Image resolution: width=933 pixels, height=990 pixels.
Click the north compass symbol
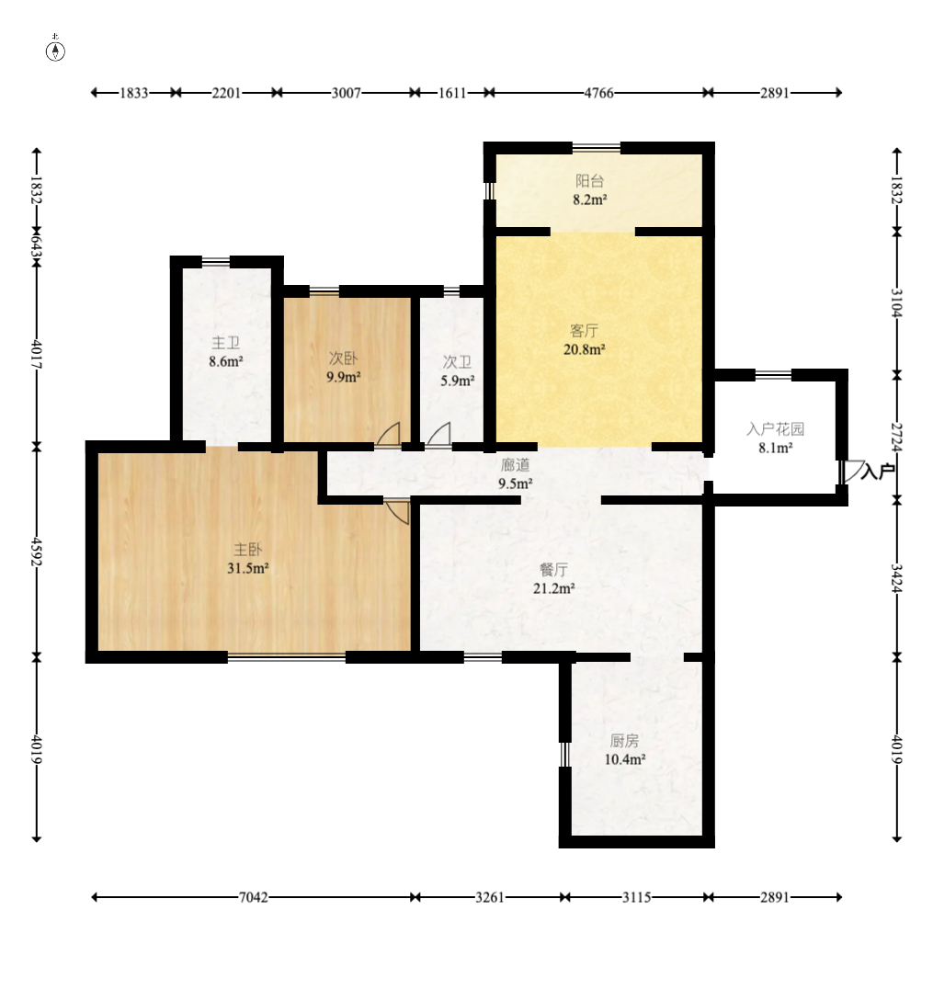point(55,51)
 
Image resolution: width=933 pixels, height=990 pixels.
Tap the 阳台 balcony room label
point(589,181)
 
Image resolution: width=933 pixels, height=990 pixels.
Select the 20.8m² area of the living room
point(585,349)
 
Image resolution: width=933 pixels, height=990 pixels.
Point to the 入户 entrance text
point(878,471)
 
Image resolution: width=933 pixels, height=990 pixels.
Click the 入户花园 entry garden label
point(775,429)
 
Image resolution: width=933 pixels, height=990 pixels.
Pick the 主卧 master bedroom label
point(247,550)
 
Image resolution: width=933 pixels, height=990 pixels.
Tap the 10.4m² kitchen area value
point(625,759)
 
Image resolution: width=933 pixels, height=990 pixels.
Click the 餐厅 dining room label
point(553,570)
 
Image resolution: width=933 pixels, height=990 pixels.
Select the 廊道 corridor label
point(515,465)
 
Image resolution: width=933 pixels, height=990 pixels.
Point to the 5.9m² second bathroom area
point(458,381)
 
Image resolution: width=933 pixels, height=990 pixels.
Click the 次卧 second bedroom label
point(344,358)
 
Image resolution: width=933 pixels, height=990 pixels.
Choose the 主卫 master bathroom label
point(225,343)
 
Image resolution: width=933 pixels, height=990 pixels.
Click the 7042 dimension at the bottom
point(253,897)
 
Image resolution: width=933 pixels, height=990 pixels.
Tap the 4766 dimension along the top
point(598,93)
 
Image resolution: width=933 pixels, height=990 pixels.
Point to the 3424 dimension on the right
point(897,578)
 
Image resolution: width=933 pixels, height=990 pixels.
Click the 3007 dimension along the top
point(346,93)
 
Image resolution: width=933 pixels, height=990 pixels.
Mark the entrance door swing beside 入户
point(853,471)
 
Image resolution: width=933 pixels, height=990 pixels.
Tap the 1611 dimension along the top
point(452,93)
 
